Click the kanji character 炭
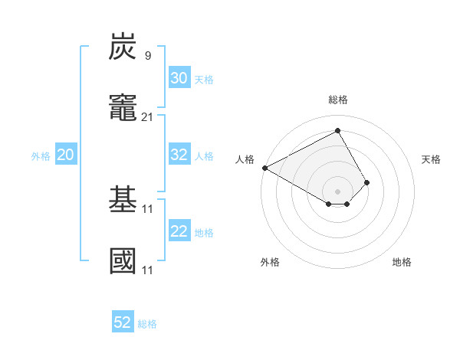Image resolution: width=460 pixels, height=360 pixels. click(x=123, y=47)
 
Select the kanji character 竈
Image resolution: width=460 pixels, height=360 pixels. click(x=123, y=108)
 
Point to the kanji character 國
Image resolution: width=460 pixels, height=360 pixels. click(x=123, y=261)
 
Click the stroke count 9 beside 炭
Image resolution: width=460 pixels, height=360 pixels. click(x=147, y=55)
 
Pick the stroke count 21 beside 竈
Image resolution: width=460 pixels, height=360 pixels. click(x=148, y=116)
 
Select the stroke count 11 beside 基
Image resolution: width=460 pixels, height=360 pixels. click(x=148, y=208)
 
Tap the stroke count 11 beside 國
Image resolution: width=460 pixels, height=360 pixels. click(x=148, y=270)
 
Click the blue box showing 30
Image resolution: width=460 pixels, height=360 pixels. click(x=179, y=78)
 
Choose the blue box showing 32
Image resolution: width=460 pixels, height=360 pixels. click(x=179, y=155)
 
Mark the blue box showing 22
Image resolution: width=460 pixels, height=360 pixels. click(x=179, y=231)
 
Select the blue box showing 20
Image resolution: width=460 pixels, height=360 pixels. click(x=65, y=155)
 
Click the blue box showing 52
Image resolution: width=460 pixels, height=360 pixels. click(x=123, y=322)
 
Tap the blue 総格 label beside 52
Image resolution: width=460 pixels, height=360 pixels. click(x=147, y=324)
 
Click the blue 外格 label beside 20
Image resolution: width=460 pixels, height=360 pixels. click(x=41, y=156)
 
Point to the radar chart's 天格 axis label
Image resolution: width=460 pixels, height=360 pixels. click(x=431, y=159)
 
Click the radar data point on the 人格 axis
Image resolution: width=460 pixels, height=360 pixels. click(x=264, y=168)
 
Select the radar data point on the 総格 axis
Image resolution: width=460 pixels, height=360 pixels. click(x=337, y=131)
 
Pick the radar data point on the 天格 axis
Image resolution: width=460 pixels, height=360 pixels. click(x=367, y=182)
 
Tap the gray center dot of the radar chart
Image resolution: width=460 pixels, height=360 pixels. click(x=337, y=191)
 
